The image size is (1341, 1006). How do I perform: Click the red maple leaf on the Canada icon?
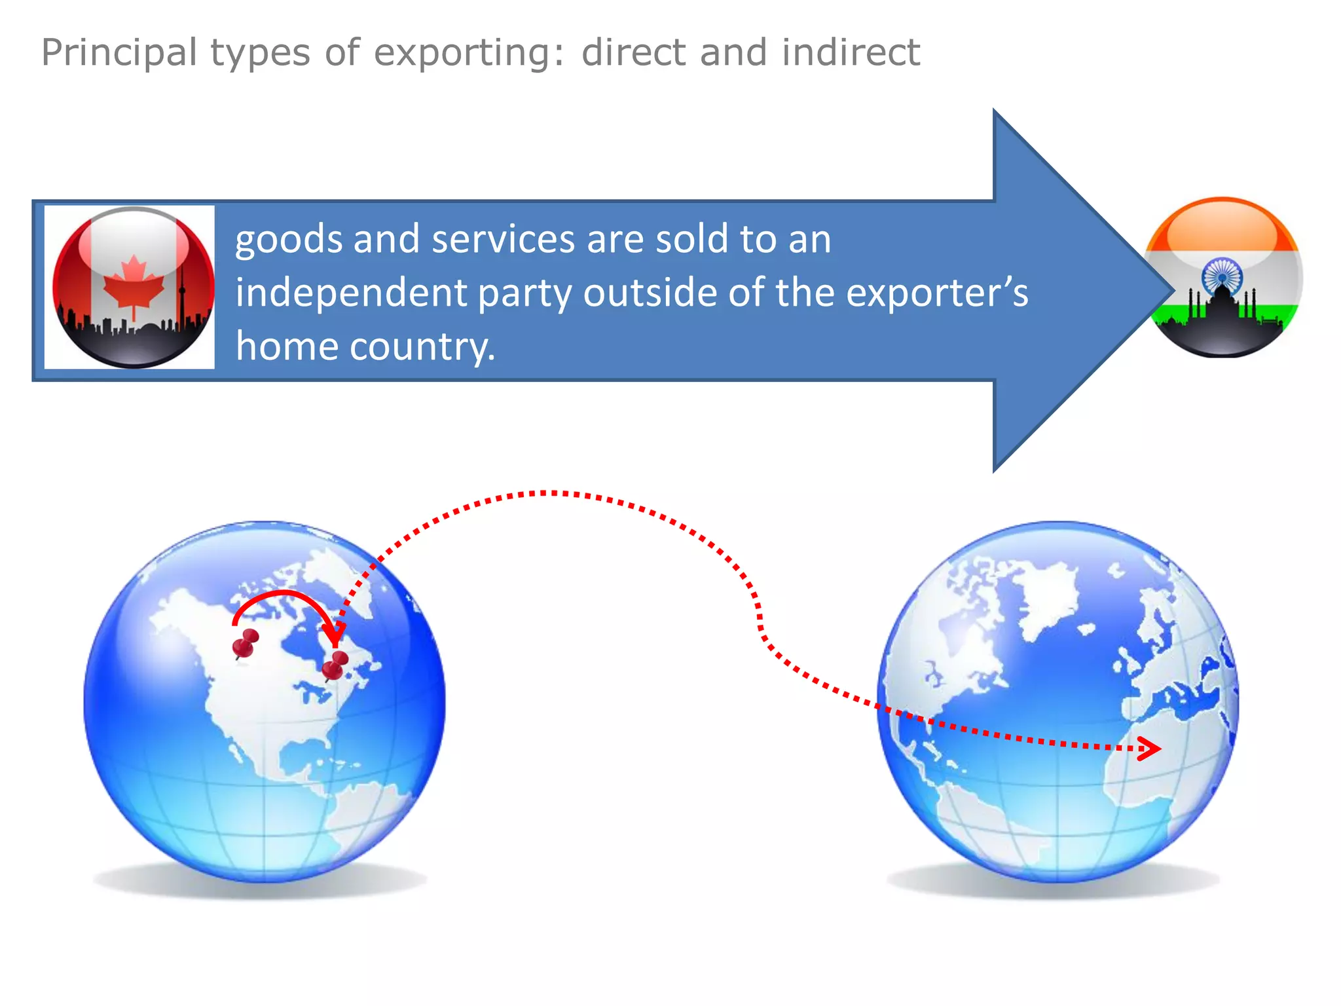[x=134, y=284]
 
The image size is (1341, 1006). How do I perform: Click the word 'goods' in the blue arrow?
[x=288, y=240]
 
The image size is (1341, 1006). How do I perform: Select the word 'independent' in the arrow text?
[x=350, y=293]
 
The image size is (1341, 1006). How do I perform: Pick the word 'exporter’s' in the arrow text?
[x=937, y=293]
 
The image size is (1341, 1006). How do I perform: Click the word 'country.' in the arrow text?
[x=422, y=346]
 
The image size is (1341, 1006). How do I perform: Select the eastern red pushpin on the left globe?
[x=335, y=665]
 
